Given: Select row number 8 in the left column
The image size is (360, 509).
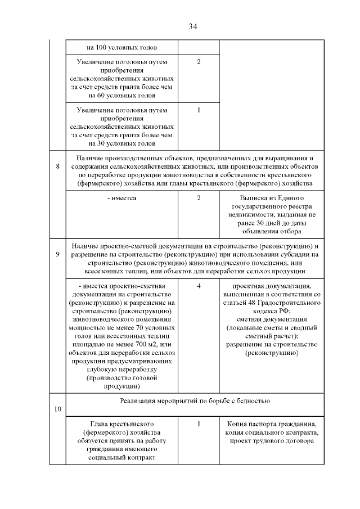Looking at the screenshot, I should pos(58,166).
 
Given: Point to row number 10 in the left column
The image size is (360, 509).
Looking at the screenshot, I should pos(58,408).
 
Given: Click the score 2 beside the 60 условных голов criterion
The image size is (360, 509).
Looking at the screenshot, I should pos(199,61).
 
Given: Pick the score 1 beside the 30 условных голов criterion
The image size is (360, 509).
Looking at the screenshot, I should pos(199,110).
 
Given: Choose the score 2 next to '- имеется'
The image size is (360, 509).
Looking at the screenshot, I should pos(199,199).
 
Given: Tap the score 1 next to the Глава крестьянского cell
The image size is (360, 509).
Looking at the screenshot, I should pos(199,424).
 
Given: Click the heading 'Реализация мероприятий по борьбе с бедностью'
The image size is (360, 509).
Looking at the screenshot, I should pos(195,400).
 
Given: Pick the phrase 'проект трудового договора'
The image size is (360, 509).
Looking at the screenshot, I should pos(272,442).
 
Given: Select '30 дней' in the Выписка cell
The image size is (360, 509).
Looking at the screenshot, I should pos(264,222).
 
